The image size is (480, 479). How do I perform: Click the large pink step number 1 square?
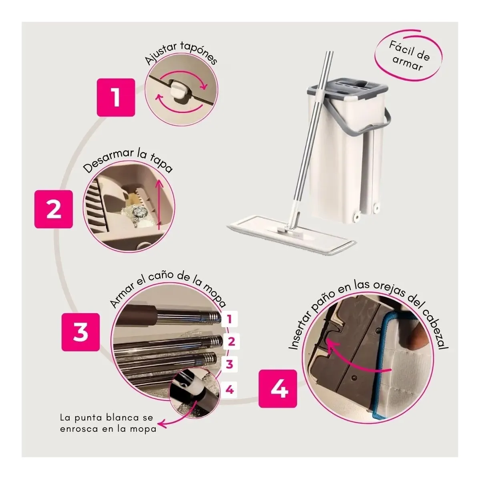(116, 97)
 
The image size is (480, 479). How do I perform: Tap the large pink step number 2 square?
(54, 209)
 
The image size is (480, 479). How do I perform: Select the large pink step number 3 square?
(80, 332)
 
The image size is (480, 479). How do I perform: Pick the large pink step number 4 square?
(278, 388)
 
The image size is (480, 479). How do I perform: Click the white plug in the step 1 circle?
(179, 89)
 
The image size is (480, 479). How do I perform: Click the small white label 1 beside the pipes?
(229, 319)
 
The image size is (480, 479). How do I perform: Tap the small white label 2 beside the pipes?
(231, 341)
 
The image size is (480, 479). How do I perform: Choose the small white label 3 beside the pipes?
(229, 364)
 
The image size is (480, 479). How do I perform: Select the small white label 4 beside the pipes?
(229, 390)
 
